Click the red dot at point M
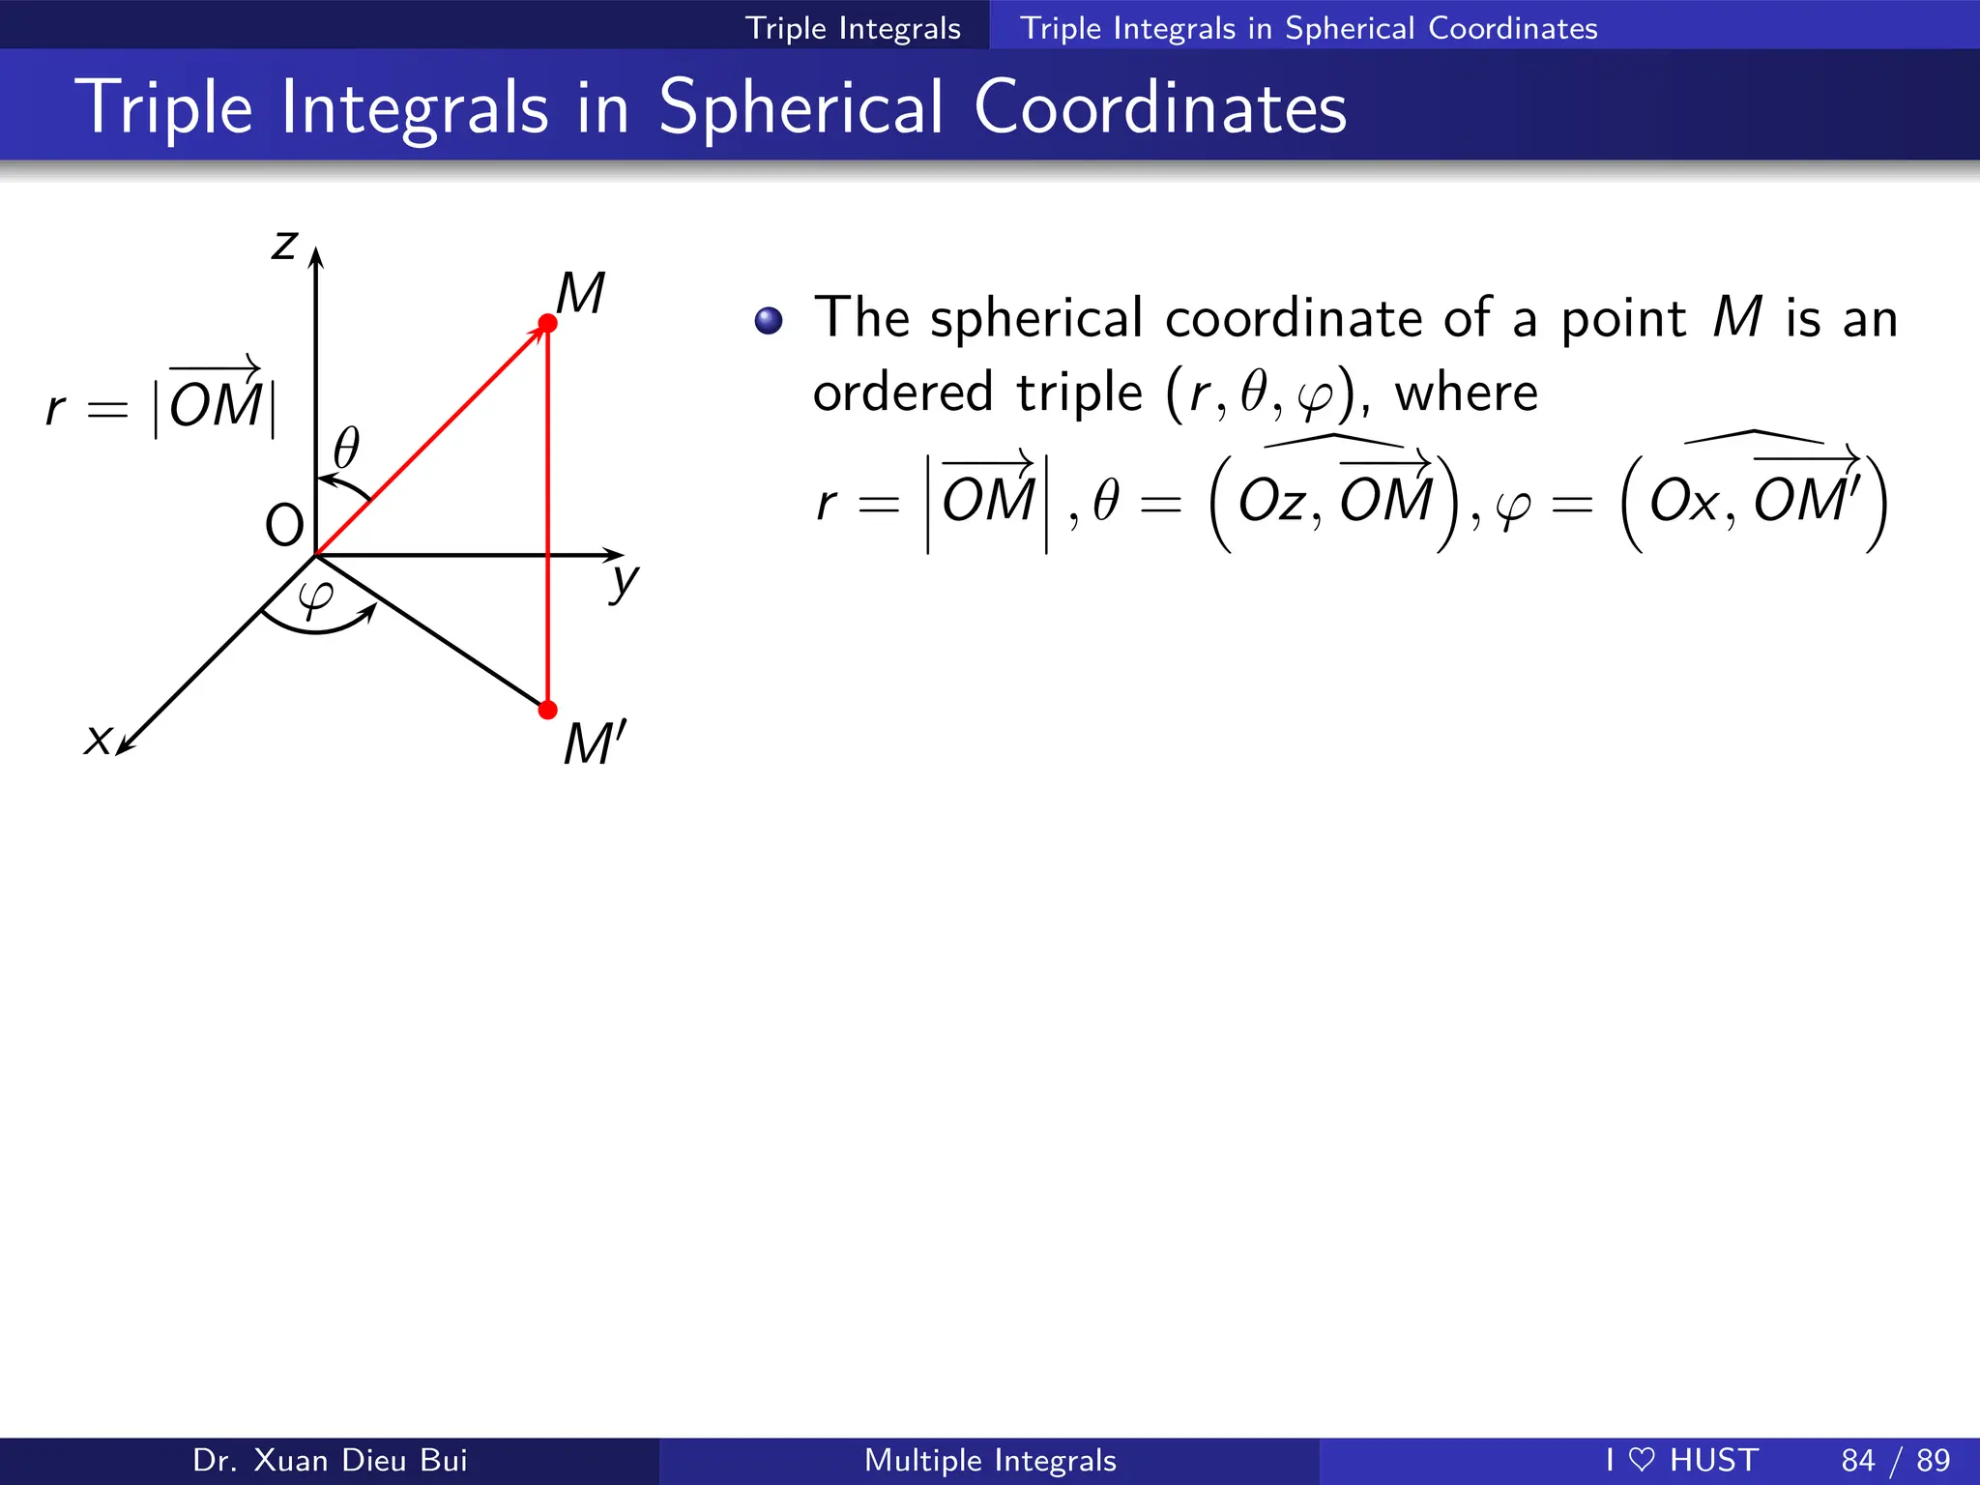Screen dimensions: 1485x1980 tap(547, 323)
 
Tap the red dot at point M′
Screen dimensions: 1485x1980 tap(547, 710)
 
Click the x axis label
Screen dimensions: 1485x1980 tap(98, 740)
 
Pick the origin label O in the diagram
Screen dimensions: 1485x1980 tap(284, 526)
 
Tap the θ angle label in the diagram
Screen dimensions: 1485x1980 tap(346, 449)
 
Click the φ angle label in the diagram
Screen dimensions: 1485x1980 tap(316, 597)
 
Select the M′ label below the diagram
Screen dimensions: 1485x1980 tap(595, 743)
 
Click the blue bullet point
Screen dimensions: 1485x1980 tap(769, 320)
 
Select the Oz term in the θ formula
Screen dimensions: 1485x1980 tap(1273, 502)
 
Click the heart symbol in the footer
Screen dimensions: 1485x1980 tap(1642, 1459)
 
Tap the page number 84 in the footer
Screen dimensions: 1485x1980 tap(1858, 1460)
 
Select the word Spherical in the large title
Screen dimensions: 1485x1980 tap(801, 108)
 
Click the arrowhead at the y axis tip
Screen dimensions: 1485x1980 tap(615, 555)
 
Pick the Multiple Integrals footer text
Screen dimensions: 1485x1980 tap(990, 1460)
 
